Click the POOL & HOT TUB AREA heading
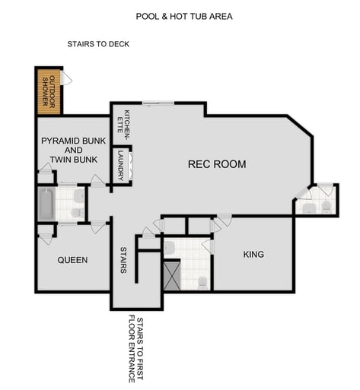(184, 16)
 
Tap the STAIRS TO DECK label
(98, 44)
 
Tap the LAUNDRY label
(120, 165)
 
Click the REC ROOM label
(218, 164)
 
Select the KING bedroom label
(253, 254)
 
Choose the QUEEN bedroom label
(72, 260)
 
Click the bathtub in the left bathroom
(46, 204)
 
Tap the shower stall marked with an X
(172, 275)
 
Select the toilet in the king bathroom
(202, 281)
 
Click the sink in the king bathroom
(170, 246)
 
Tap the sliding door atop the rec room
(158, 103)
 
